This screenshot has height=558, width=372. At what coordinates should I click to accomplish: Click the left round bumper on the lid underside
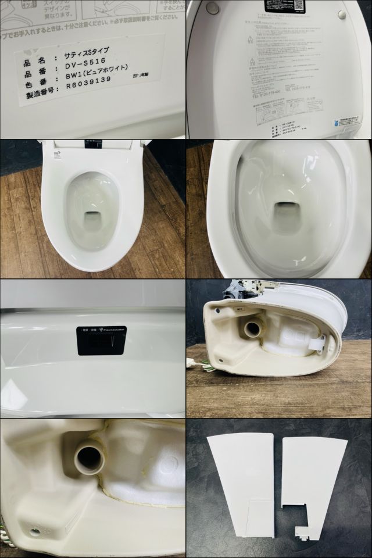(213, 8)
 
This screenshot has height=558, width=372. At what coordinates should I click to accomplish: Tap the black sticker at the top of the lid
(283, 6)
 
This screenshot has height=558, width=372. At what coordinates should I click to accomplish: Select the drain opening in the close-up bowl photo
(285, 209)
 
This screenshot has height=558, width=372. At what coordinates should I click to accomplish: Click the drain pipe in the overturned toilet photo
(253, 327)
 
